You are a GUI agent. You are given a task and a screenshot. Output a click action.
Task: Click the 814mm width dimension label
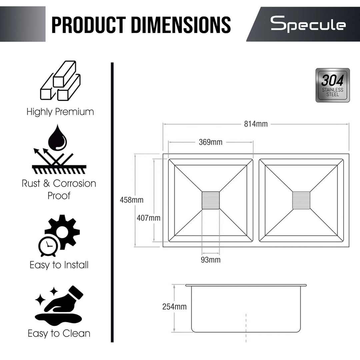tap(256, 124)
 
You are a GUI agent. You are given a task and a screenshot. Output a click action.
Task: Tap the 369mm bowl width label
tap(211, 142)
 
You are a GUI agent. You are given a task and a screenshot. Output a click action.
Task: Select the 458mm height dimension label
tap(132, 200)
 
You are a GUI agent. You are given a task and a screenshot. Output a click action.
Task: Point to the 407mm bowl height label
tap(149, 218)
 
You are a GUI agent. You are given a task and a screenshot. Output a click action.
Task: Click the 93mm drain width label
tap(211, 260)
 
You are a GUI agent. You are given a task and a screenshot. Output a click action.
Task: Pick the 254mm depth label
tap(174, 307)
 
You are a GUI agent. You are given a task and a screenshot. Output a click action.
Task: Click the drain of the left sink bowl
tap(211, 200)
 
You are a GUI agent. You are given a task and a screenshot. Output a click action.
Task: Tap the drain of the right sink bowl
tap(301, 200)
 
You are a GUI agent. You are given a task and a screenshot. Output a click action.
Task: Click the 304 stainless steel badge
tap(333, 85)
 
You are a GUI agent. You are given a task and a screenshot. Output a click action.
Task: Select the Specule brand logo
tap(308, 24)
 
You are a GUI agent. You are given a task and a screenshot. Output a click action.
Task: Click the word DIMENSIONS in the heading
tap(181, 25)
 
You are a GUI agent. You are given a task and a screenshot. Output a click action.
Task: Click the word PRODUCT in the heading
tap(89, 25)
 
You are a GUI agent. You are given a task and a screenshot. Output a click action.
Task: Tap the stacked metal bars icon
tap(60, 81)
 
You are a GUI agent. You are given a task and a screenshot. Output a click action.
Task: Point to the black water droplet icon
tap(57, 138)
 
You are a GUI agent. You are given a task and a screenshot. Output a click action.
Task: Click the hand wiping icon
tap(59, 305)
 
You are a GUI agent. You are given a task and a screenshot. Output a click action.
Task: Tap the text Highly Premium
tap(60, 112)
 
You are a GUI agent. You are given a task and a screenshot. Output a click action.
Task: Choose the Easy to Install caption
tap(59, 265)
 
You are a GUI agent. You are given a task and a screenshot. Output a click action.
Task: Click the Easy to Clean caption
tap(59, 333)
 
